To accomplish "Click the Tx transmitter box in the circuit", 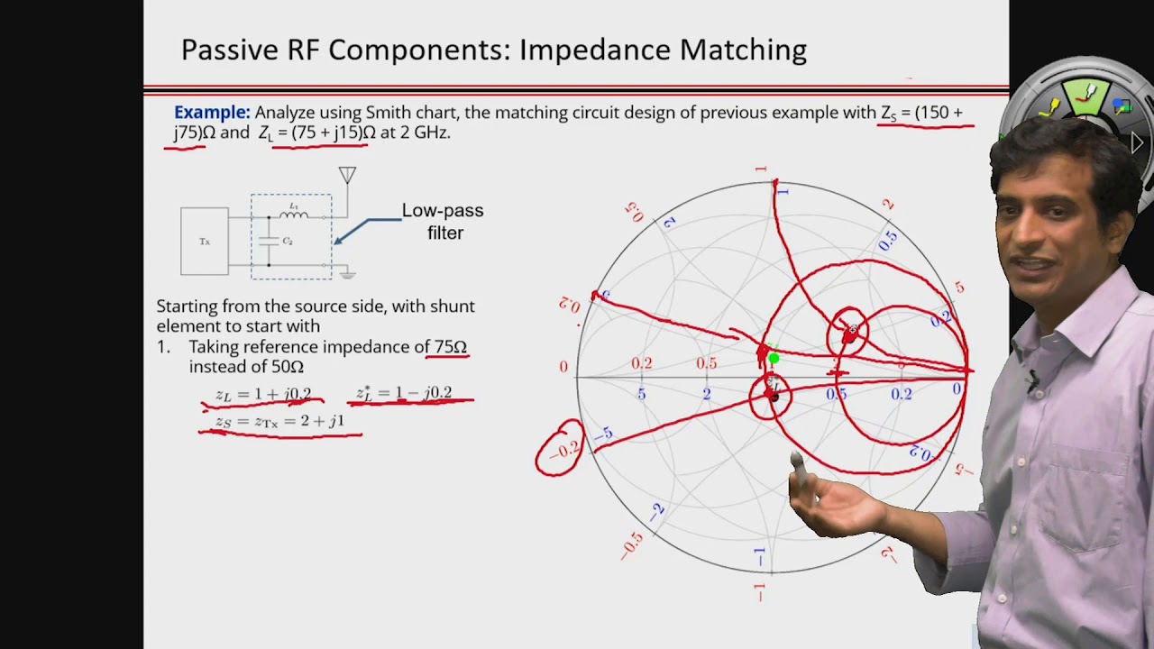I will pyautogui.click(x=205, y=242).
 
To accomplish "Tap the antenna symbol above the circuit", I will pyautogui.click(x=347, y=176).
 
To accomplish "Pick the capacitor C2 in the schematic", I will pyautogui.click(x=269, y=242).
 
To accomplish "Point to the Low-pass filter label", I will pyautogui.click(x=442, y=221).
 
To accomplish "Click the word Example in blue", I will pyautogui.click(x=212, y=113).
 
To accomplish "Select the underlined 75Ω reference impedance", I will pyautogui.click(x=450, y=347).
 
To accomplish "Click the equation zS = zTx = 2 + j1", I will pyautogui.click(x=279, y=421).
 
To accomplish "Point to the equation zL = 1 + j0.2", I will pyautogui.click(x=263, y=394).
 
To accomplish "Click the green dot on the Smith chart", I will pyautogui.click(x=774, y=359).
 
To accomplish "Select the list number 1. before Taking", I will pyautogui.click(x=163, y=347).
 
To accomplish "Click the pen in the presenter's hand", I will pyautogui.click(x=798, y=463).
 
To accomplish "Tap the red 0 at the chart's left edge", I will pyautogui.click(x=563, y=367).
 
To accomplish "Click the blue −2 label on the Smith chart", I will pyautogui.click(x=657, y=512).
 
